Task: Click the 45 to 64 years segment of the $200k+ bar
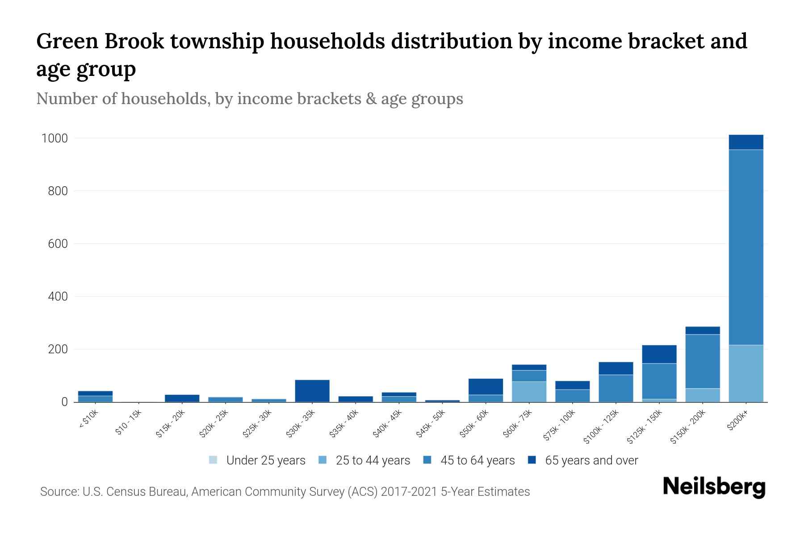(746, 247)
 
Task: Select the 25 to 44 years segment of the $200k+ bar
(746, 373)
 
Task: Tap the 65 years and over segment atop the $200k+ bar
(746, 142)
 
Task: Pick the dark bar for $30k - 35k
(312, 391)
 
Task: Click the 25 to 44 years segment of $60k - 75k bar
(529, 392)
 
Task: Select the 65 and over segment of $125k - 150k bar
(659, 354)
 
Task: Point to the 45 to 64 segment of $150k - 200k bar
(703, 361)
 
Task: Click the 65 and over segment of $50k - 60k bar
(486, 387)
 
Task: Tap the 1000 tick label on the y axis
(54, 138)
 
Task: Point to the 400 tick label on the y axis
(58, 297)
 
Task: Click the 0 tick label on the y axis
(64, 402)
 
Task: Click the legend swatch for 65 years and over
(532, 460)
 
